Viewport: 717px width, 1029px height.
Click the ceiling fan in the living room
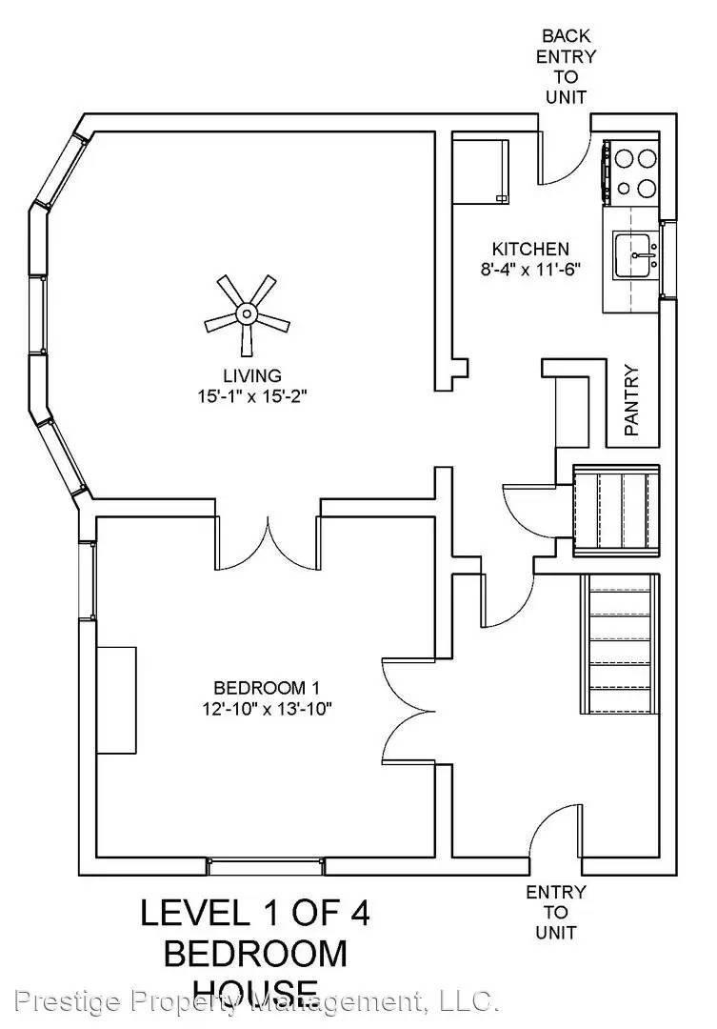[x=247, y=313]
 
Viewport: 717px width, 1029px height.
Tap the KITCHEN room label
[x=530, y=250]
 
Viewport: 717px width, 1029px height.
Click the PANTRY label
[x=630, y=400]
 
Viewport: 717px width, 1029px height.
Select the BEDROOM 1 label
[x=265, y=687]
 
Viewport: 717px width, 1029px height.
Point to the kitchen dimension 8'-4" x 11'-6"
[x=530, y=270]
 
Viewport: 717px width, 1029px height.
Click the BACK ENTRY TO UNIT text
[x=565, y=66]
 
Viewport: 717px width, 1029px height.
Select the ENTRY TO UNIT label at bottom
[x=556, y=912]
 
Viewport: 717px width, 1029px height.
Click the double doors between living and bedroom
[x=269, y=543]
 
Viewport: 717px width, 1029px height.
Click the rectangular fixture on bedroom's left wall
[x=117, y=699]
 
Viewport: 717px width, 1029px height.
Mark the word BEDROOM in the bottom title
[x=255, y=953]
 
